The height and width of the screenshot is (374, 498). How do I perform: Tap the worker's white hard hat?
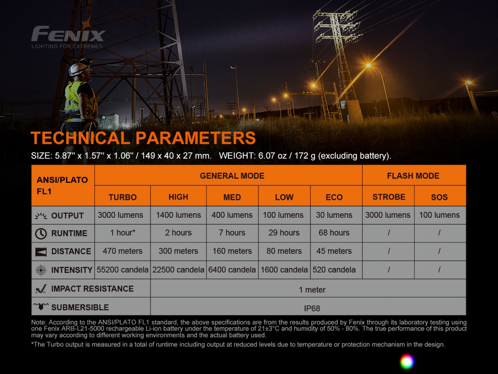[78, 69]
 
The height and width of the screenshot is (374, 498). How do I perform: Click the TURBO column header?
[122, 197]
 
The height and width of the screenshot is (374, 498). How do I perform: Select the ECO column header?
[334, 197]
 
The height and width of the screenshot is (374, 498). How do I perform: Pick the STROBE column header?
[388, 197]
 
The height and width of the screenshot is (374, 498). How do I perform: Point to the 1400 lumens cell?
[178, 215]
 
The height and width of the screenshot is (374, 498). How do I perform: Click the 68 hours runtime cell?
[334, 233]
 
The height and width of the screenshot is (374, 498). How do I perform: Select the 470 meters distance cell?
[122, 251]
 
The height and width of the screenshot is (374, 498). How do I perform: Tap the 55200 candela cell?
[122, 270]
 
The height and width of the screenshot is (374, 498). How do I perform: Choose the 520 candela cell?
[334, 270]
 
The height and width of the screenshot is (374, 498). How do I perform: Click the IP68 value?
[312, 308]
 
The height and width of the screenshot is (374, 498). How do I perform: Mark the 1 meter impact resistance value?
[312, 290]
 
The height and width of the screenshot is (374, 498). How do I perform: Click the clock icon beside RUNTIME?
[41, 234]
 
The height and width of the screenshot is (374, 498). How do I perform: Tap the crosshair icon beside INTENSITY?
[41, 270]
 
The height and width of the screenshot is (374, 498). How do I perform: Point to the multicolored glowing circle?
[407, 361]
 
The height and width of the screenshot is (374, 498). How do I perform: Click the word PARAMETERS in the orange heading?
[195, 138]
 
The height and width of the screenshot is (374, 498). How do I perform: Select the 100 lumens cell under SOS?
[439, 215]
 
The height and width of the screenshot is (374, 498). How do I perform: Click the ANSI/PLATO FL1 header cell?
[63, 185]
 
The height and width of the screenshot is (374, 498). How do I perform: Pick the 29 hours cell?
[284, 233]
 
